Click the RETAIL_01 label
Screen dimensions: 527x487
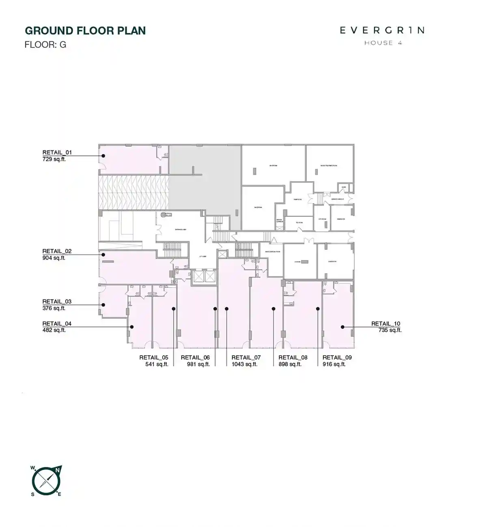(57, 152)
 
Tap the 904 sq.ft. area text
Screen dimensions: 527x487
(54, 258)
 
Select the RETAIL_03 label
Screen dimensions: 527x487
(57, 302)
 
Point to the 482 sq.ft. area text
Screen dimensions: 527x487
(54, 330)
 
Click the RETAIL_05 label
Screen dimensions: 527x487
(153, 358)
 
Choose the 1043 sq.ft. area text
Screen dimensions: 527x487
(244, 364)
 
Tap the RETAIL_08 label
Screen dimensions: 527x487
(293, 358)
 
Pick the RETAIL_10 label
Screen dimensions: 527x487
(386, 323)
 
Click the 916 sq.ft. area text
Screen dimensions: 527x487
(334, 364)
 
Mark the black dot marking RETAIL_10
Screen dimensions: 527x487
(343, 327)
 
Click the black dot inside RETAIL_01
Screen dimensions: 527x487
(103, 156)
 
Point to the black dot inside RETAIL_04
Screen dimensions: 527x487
(131, 327)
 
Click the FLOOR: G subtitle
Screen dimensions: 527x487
(45, 45)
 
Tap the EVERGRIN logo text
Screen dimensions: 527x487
(382, 30)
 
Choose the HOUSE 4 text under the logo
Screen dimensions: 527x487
(383, 43)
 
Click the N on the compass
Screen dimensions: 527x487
(58, 470)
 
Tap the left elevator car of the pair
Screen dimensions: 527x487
(198, 276)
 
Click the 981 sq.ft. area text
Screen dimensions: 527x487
(198, 364)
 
